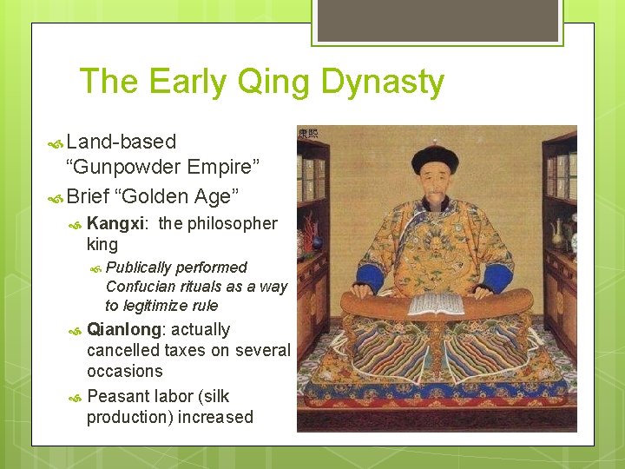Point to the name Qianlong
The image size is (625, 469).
point(123,330)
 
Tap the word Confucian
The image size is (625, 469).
point(142,287)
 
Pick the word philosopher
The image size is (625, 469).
point(231,224)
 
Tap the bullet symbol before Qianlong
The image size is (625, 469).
point(76,331)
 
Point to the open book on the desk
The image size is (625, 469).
point(437,304)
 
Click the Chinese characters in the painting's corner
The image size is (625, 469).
point(307,134)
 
